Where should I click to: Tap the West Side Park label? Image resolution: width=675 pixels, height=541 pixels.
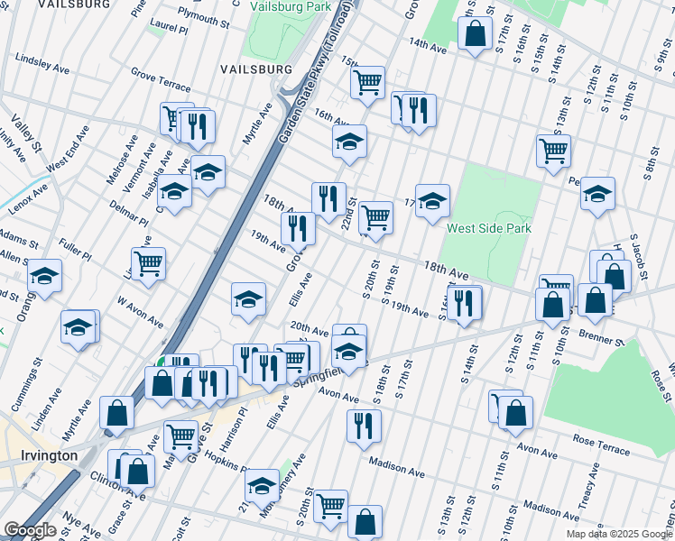click(x=488, y=228)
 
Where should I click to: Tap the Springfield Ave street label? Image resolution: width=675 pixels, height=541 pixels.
click(x=330, y=370)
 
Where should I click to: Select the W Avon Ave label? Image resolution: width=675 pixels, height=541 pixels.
click(x=139, y=318)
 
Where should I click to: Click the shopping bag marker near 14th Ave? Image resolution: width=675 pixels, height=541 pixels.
click(x=475, y=34)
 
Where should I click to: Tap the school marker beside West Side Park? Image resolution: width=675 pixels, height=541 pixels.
click(x=432, y=198)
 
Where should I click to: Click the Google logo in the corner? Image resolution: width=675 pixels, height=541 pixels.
click(x=30, y=530)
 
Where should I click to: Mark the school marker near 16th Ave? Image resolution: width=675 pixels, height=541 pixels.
click(x=349, y=141)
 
